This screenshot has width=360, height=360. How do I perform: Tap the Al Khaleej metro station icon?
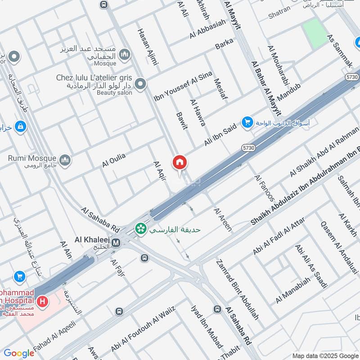click(x=116, y=243)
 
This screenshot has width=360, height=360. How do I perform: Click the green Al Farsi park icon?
click(x=141, y=229)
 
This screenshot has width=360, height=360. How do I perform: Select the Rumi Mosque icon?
click(x=65, y=160)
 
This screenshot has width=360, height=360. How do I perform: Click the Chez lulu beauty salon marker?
click(x=141, y=84)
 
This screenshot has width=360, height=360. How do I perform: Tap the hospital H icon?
click(x=43, y=301)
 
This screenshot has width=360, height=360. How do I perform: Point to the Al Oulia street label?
click(x=113, y=160)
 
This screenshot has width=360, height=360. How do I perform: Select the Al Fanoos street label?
click(x=264, y=188)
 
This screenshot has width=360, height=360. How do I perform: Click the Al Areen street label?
click(x=223, y=220)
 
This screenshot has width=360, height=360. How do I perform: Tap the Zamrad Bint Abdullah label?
click(x=237, y=289)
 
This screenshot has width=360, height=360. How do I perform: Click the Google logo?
click(x=19, y=353)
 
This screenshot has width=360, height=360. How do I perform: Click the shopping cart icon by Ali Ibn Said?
click(x=247, y=122)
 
